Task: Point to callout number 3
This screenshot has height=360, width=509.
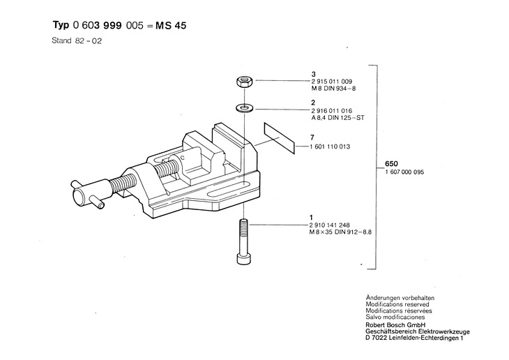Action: tap(314, 74)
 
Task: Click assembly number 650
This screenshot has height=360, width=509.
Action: tap(390, 165)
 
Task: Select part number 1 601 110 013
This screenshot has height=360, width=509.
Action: tap(333, 147)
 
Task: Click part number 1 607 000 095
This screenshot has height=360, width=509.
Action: tap(409, 172)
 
